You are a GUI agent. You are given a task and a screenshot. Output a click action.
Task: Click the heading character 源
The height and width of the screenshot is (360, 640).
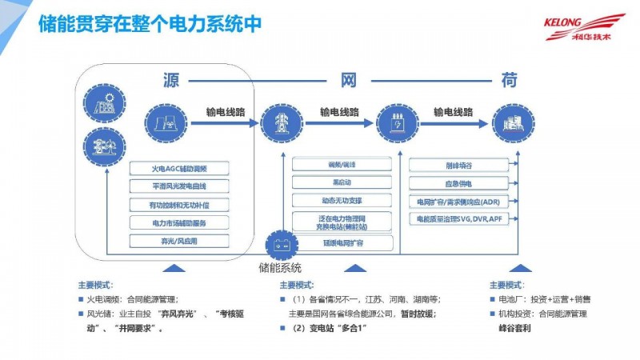point(170,81)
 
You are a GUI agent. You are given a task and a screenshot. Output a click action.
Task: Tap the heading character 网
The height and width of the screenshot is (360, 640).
point(349,81)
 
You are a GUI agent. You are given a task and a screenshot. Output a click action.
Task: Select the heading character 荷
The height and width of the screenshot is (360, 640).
point(509,81)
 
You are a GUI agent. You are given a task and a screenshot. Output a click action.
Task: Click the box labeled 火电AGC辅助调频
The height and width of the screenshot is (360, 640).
point(179,169)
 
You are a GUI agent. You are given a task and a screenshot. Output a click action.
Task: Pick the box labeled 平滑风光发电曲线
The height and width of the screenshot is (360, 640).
point(179,186)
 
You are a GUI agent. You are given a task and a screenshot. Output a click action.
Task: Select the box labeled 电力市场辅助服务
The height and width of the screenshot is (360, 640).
point(179,222)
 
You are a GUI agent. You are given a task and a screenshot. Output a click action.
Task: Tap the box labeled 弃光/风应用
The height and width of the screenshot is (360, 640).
point(179,240)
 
